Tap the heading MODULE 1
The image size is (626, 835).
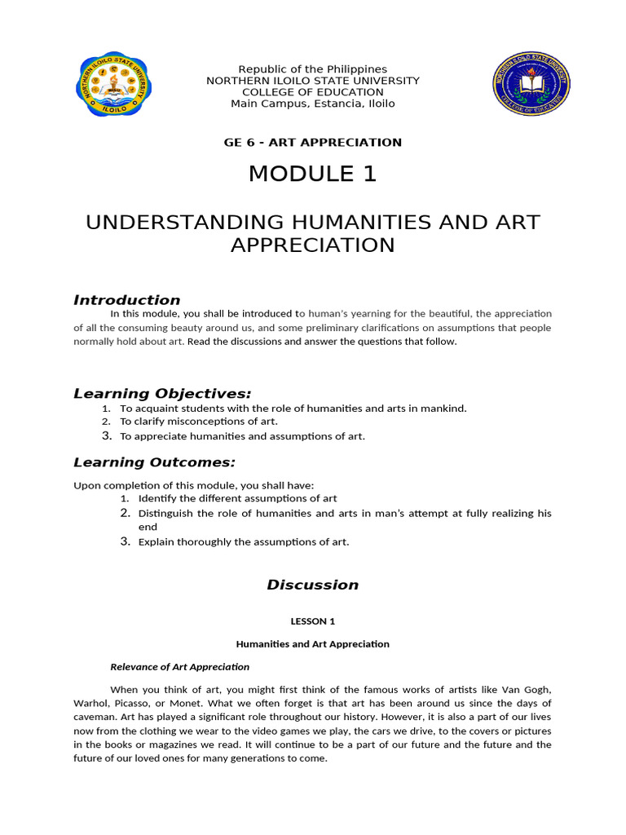313,174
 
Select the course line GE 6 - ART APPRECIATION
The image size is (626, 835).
313,142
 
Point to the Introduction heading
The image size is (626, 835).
127,299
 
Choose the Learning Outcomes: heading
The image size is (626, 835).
154,462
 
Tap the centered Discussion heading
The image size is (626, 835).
313,584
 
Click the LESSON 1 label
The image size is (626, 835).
313,621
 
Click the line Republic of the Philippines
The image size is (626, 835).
312,69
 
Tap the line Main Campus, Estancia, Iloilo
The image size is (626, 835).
313,104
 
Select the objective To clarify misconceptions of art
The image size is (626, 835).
199,422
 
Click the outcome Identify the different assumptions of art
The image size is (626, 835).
237,498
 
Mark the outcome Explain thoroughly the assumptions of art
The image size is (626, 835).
244,541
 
